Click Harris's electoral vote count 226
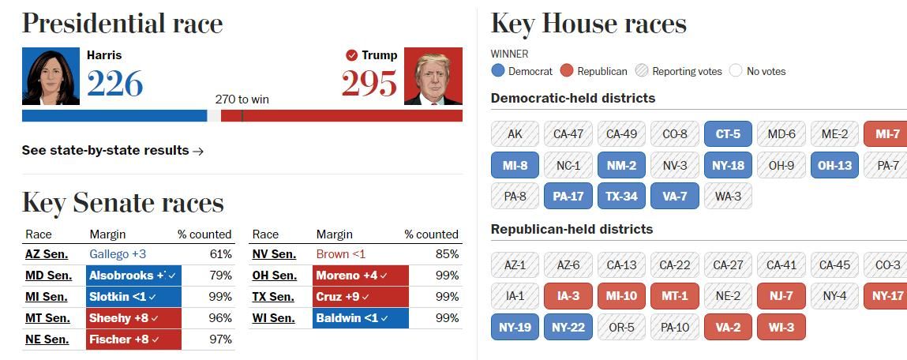point(114,83)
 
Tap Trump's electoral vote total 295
point(369,83)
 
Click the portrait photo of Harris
point(51,76)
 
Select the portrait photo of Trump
point(433,76)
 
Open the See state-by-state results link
point(113,150)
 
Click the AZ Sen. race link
point(47,254)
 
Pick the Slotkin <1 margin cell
point(133,297)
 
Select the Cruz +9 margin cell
point(360,297)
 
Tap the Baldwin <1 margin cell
point(360,318)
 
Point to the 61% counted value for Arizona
point(220,254)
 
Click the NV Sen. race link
point(274,254)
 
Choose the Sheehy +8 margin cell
point(133,318)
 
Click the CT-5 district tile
point(728,134)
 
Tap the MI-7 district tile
point(886,134)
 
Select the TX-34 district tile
point(621,196)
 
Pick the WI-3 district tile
point(781,327)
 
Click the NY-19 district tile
point(515,327)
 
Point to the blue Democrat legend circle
point(497,71)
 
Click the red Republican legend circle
point(566,71)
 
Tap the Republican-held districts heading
point(572,229)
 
